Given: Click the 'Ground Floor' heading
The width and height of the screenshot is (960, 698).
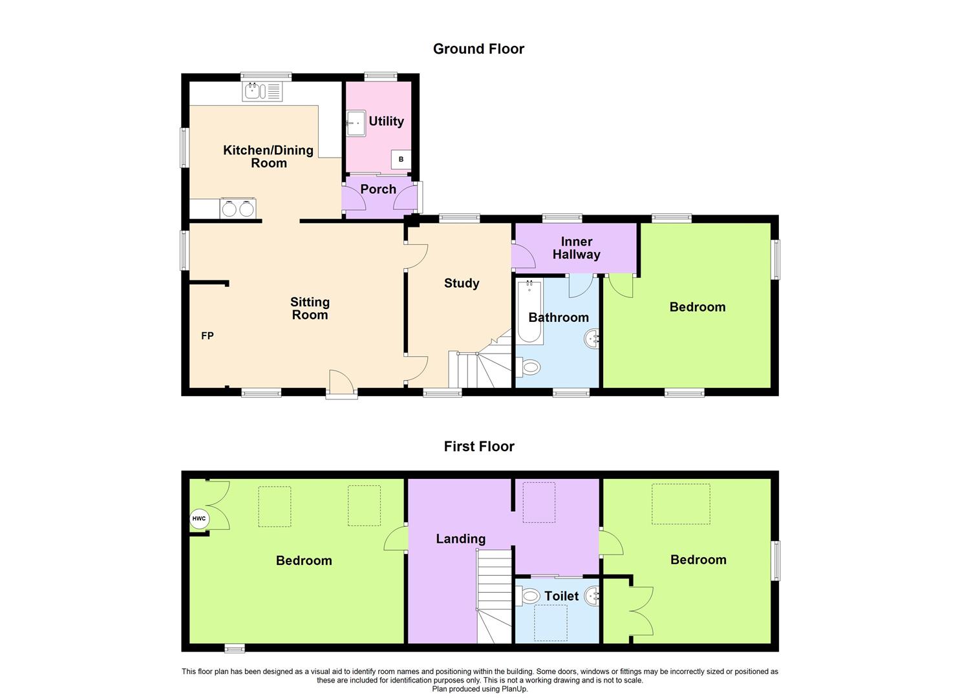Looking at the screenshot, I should [478, 49].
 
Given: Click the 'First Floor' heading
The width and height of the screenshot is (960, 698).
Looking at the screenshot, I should [478, 447].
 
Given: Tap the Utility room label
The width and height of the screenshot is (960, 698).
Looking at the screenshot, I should [386, 122].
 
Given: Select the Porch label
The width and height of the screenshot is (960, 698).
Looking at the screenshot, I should [378, 189].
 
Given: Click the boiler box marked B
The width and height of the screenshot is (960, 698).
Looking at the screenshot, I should [401, 159].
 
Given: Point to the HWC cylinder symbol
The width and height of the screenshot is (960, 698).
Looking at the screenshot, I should [198, 519].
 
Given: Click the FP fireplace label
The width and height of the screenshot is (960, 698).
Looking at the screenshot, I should [208, 336].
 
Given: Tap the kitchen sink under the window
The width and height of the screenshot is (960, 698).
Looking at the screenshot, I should [262, 92].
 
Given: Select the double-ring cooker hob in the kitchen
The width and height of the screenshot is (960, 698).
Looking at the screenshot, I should [237, 209].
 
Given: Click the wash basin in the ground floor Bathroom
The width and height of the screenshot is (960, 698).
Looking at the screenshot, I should [593, 339].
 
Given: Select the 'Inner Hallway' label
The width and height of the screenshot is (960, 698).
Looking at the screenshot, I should [576, 248].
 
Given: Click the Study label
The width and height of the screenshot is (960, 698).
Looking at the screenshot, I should [462, 283].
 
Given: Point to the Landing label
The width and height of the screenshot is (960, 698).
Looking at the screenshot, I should [460, 539].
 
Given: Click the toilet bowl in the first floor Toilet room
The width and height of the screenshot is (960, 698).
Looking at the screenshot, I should [529, 596].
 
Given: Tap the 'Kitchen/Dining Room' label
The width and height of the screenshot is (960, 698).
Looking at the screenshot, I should [268, 156].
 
